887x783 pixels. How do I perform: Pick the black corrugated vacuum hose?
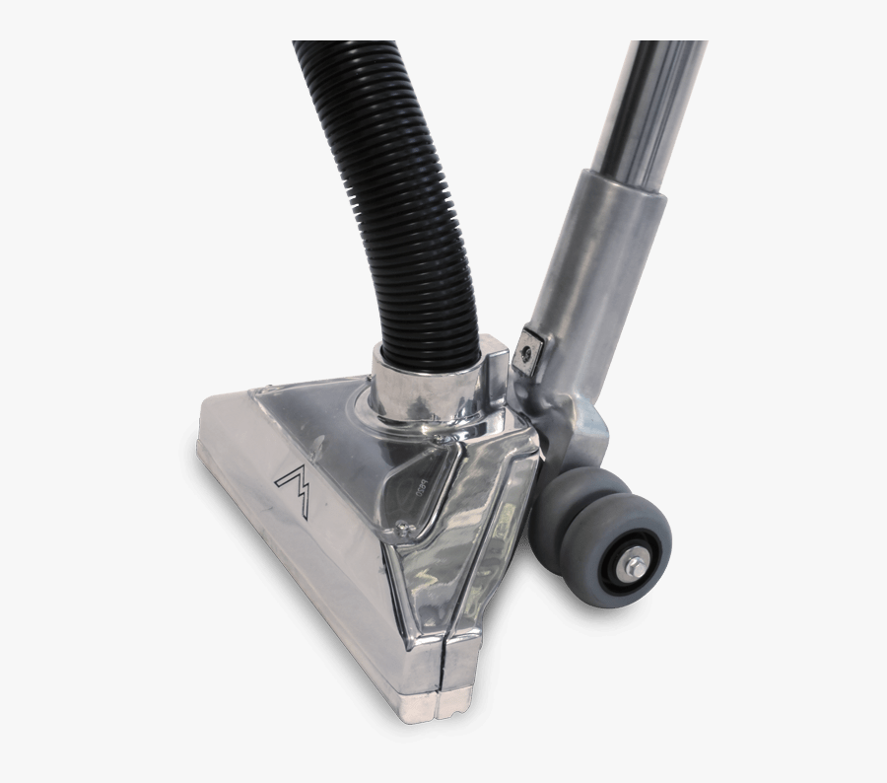394,197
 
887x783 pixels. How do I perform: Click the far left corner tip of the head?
202,434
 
